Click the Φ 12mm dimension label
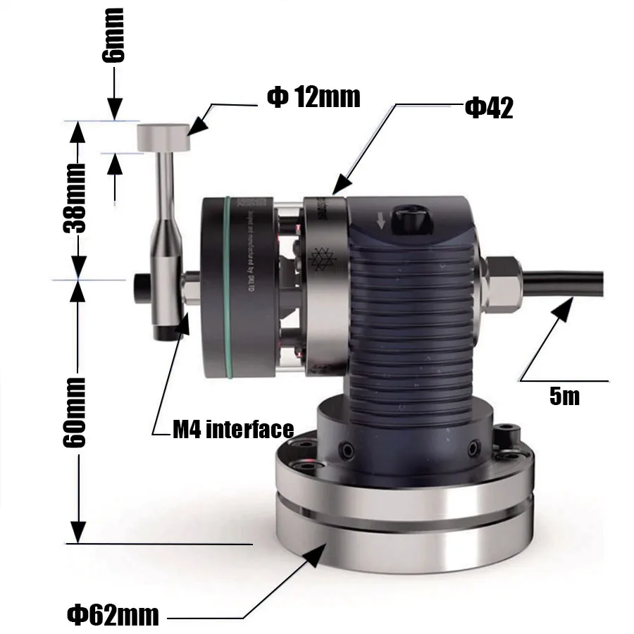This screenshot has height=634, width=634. click(313, 97)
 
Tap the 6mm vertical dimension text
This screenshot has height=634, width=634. click(113, 35)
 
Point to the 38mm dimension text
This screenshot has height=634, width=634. click(73, 199)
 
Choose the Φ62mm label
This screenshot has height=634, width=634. click(113, 615)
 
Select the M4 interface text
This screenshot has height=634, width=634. click(232, 429)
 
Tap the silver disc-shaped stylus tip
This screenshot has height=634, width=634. click(163, 137)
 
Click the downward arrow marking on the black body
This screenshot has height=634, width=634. click(381, 221)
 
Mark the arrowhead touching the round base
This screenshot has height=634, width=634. click(313, 557)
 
